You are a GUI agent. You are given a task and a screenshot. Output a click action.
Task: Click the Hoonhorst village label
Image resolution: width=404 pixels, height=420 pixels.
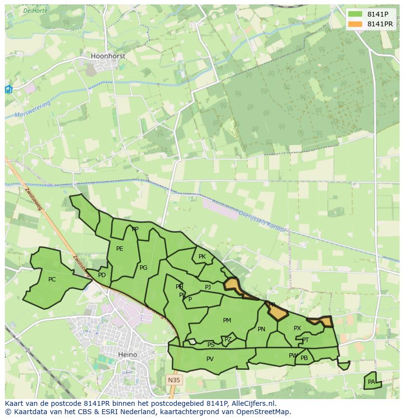click(x=108, y=56)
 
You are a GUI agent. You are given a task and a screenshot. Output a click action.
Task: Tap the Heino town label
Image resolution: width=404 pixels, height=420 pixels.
click(x=127, y=355)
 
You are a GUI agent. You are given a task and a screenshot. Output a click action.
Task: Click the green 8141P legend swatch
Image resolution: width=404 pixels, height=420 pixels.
click(x=355, y=14)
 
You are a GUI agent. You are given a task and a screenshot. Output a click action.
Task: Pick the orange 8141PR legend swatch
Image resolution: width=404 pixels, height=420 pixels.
click(x=355, y=24)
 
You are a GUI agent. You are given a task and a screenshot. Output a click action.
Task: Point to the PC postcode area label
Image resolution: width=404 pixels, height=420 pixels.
click(x=52, y=280)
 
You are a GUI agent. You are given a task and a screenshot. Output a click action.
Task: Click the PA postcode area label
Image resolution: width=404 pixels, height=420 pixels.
click(x=371, y=382)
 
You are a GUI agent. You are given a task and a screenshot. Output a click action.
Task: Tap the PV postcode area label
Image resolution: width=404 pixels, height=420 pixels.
click(x=210, y=359)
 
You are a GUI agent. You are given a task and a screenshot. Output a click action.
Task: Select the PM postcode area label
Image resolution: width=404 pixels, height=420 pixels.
click(x=227, y=320)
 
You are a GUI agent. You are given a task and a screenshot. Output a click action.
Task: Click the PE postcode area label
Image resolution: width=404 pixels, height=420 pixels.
click(x=120, y=249)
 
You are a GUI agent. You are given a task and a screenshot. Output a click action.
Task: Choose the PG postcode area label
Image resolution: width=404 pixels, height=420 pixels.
click(x=143, y=268)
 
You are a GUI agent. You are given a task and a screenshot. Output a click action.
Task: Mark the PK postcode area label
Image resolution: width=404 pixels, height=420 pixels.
click(x=202, y=257)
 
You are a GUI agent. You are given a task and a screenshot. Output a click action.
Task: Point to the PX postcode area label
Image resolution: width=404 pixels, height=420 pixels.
click(x=297, y=328)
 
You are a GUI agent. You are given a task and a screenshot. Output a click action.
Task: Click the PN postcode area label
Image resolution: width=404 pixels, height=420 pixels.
click(x=262, y=329)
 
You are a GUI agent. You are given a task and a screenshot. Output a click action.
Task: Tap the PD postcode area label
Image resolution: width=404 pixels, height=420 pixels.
click(x=101, y=275)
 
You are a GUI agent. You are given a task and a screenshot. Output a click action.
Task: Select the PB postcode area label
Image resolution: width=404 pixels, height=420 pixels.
click(x=304, y=358)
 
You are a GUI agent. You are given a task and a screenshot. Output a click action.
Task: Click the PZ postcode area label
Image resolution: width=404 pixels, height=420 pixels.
click(x=228, y=340)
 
